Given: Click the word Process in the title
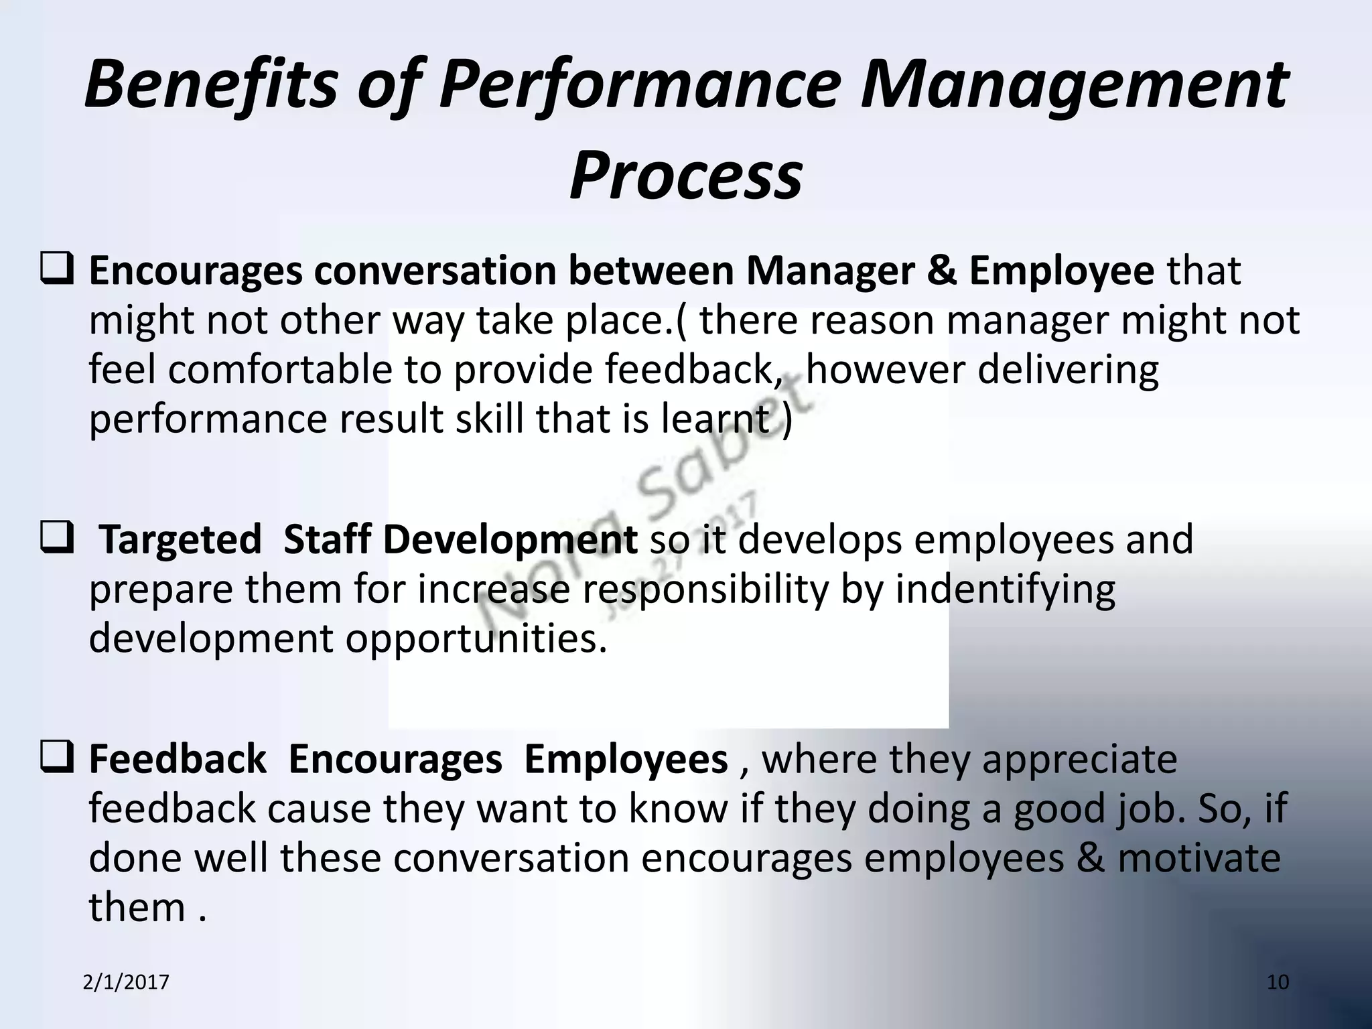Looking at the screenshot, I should click(685, 176).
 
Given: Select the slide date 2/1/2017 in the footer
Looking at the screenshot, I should click(126, 982).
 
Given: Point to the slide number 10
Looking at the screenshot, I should click(1278, 982).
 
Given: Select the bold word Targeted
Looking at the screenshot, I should click(180, 540).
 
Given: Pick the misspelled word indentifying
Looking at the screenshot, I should click(1005, 590).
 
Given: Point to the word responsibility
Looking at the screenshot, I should click(704, 590).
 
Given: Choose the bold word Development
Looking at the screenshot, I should click(510, 540).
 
